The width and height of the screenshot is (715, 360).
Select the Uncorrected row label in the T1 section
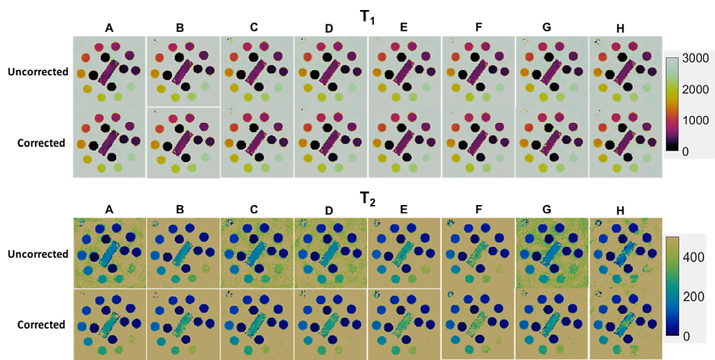tap(38, 71)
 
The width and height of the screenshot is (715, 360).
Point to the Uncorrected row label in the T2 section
tap(38, 254)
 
